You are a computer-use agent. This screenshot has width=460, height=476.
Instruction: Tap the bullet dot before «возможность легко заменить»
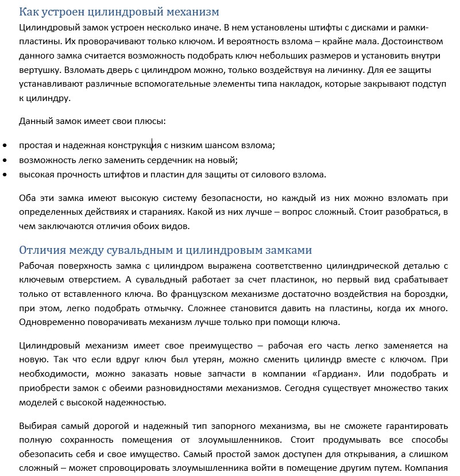coord(5,160)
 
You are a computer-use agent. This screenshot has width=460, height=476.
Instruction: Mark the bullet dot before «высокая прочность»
coord(5,175)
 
